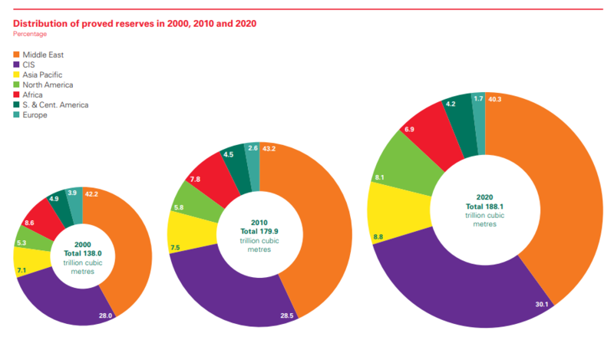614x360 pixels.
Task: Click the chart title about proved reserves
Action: click(135, 23)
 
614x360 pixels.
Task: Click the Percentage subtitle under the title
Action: click(30, 35)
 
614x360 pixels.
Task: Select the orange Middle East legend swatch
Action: click(18, 55)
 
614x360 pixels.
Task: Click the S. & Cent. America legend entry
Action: click(56, 105)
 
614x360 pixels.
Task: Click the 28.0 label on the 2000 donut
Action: click(106, 315)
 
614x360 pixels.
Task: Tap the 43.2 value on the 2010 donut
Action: click(269, 147)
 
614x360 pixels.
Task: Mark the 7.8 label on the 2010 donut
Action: click(196, 179)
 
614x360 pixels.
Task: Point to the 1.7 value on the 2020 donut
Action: click(479, 98)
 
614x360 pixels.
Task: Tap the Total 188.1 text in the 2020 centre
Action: click(486, 206)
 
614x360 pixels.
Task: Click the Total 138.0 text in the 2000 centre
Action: click(83, 253)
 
